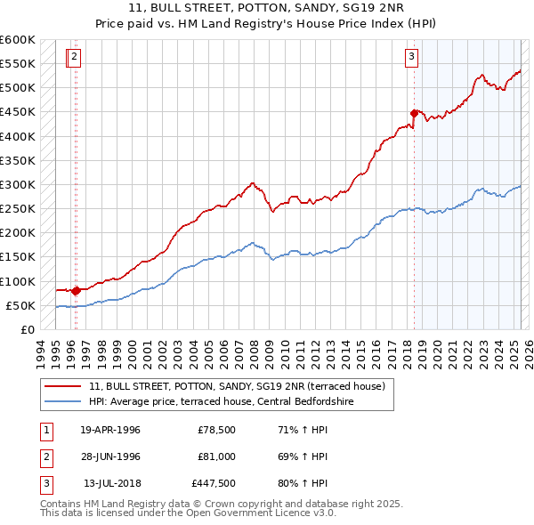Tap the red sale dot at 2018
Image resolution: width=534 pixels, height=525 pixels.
click(x=414, y=113)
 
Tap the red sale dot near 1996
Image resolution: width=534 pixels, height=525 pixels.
click(x=76, y=290)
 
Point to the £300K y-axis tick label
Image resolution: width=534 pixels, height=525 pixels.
click(x=18, y=184)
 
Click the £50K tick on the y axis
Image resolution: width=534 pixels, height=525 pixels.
click(x=20, y=305)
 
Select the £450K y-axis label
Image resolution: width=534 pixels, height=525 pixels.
click(x=18, y=112)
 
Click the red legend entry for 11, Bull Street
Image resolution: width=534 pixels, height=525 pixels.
click(x=237, y=386)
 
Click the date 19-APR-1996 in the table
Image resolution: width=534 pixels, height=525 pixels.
click(x=110, y=431)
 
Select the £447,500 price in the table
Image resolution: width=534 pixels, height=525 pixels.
click(x=214, y=484)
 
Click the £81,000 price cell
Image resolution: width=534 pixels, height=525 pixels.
click(x=214, y=456)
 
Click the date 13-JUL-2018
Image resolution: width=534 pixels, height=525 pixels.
click(x=110, y=484)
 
